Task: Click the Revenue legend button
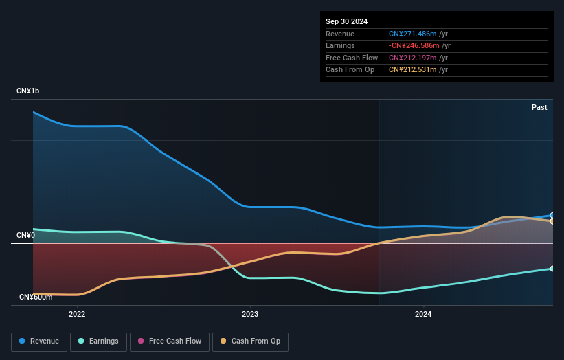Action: click(39, 341)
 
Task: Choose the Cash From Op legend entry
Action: click(250, 341)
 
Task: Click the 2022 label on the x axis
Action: click(77, 315)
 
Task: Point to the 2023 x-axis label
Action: click(250, 315)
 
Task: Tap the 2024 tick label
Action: click(424, 315)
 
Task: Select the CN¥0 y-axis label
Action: click(25, 236)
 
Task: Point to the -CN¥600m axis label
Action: click(34, 297)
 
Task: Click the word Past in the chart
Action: click(539, 107)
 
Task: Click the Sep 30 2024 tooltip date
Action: click(348, 21)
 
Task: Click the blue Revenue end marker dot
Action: click(552, 215)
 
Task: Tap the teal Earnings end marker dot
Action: click(552, 269)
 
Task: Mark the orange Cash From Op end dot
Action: click(552, 221)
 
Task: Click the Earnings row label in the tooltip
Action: click(341, 46)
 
